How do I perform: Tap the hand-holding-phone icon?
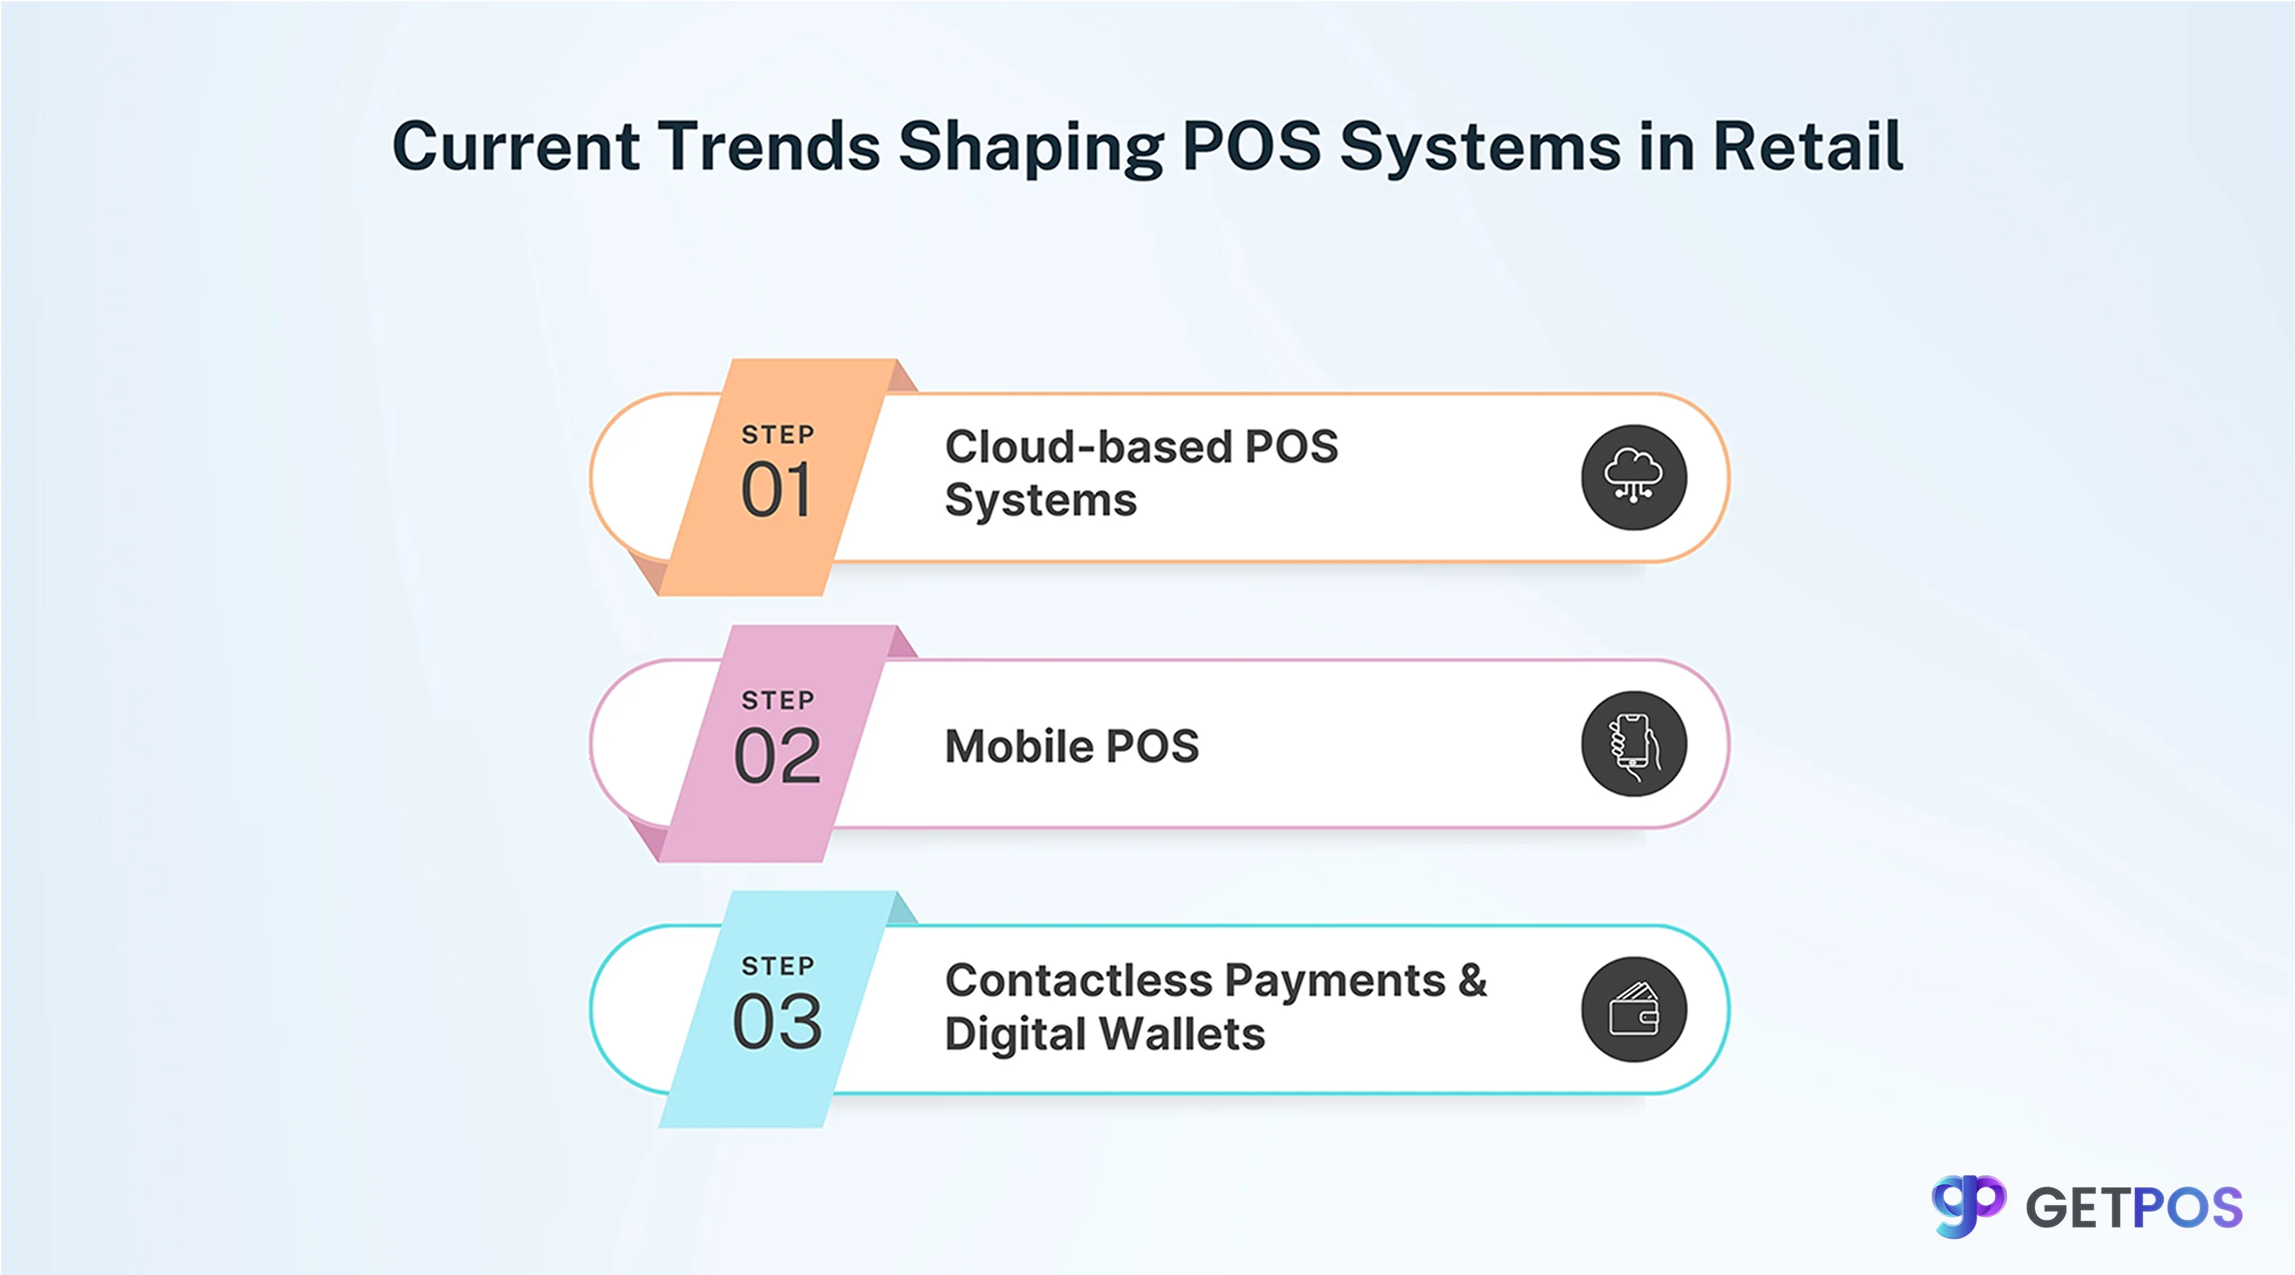pos(1633,744)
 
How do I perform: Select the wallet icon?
pos(1633,1010)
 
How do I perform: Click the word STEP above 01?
pos(778,435)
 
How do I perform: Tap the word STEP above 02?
pos(778,700)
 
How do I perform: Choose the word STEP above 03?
pos(778,966)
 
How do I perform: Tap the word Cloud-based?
pos(1087,447)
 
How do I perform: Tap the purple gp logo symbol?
pos(1967,1206)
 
